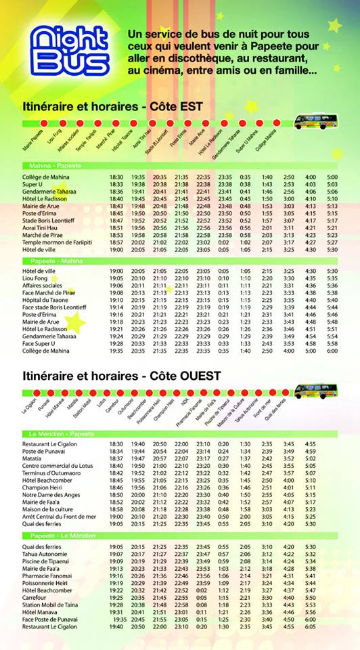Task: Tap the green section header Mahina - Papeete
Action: tap(55, 166)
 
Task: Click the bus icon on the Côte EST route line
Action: tap(315, 123)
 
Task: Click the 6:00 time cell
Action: tap(332, 351)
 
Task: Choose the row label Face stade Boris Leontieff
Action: tap(54, 307)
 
